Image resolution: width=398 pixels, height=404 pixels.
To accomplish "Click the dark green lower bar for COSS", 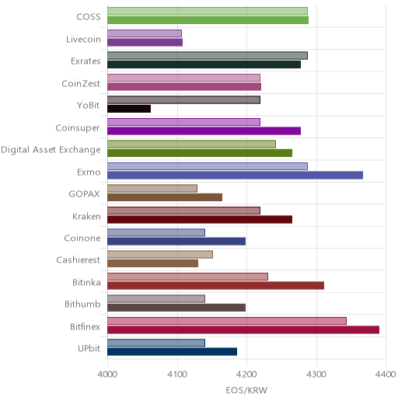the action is [x=208, y=20].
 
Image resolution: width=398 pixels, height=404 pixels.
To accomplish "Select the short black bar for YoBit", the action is [x=129, y=109].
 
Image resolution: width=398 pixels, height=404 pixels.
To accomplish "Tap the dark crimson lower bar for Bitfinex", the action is [x=243, y=330].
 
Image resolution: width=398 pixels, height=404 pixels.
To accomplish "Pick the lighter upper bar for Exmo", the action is [x=208, y=166].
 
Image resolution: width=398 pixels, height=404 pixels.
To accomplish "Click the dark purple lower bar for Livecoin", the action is [x=145, y=42].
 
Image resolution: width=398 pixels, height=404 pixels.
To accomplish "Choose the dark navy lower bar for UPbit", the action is [x=172, y=352].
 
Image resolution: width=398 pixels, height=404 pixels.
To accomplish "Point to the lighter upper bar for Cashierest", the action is [x=160, y=255].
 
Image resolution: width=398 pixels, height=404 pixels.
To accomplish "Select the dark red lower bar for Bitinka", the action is [x=215, y=286].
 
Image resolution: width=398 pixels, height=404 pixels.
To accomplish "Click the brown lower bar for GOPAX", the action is [x=165, y=197].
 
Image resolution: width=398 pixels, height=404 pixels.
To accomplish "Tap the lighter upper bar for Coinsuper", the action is [x=183, y=122].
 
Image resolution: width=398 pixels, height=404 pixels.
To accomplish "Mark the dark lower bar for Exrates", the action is [x=204, y=64].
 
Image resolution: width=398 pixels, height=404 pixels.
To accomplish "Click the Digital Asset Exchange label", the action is [x=51, y=150].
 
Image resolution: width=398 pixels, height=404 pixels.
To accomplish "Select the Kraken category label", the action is [x=86, y=216].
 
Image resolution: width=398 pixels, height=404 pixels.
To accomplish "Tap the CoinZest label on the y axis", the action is [x=81, y=83].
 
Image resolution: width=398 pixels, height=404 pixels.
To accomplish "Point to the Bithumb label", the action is [x=82, y=304].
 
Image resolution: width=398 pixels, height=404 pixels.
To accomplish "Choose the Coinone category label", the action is [x=82, y=238].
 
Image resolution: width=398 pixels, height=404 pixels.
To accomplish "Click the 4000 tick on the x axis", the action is [x=107, y=374].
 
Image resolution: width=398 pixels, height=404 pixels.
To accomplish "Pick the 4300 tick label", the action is [x=316, y=374].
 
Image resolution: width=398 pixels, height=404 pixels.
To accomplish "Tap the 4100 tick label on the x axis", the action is [x=177, y=374].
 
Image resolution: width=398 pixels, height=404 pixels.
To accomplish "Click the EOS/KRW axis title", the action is [x=246, y=390].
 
